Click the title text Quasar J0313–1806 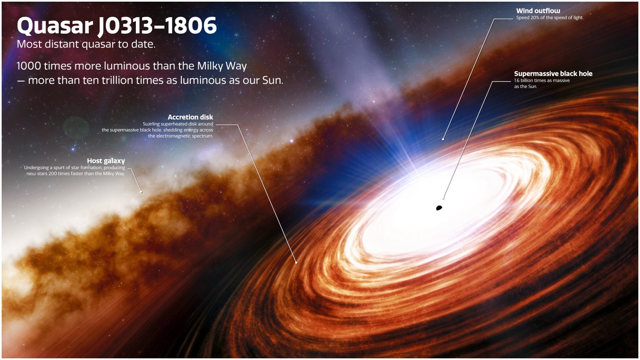pos(117,26)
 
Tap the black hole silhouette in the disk pos(438,207)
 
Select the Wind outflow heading pos(538,11)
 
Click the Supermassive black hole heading pos(553,74)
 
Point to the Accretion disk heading pos(190,117)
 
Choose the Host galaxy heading pos(106,161)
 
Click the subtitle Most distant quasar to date pos(86,44)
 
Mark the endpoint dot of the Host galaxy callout pos(141,192)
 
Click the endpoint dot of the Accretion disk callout pos(296,262)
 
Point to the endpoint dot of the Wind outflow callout pos(443,139)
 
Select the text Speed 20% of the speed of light pos(549,18)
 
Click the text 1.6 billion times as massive pos(542,80)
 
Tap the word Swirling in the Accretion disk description pos(150,124)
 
